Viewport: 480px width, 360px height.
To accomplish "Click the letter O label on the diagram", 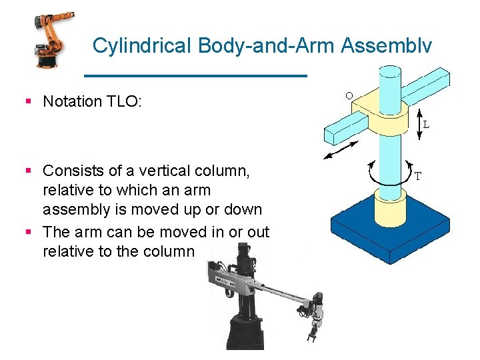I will click(x=349, y=96).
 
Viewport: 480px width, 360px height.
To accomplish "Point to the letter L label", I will click(x=426, y=124).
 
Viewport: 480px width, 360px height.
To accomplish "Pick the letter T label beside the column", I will click(x=418, y=177).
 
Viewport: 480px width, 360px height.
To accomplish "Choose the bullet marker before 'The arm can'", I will click(x=29, y=232).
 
